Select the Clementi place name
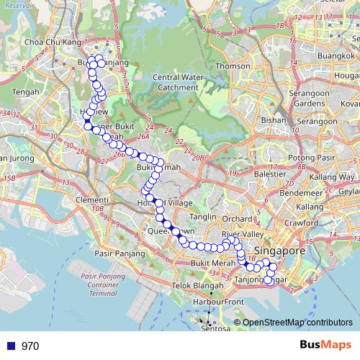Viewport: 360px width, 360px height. pos(91,199)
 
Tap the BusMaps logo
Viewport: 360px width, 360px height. pos(320,346)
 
